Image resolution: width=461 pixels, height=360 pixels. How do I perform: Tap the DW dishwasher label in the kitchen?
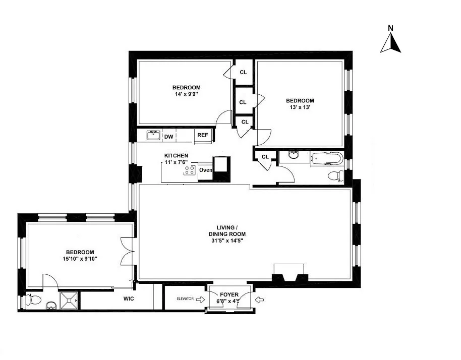pos(168,136)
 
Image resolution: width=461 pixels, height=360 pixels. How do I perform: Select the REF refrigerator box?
pos(202,135)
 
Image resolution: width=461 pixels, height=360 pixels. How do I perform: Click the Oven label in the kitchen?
pos(205,170)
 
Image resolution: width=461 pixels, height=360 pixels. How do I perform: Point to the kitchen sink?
pos(153,135)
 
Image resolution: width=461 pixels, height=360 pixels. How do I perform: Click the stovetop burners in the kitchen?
pos(190,170)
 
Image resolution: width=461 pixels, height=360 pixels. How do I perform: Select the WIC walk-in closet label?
pos(129,298)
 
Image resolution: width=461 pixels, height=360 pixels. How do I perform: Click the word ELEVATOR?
pos(185,299)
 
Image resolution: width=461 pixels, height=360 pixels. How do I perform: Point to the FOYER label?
pos(229,294)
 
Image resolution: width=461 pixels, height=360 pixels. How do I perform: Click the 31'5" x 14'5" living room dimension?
pos(227,241)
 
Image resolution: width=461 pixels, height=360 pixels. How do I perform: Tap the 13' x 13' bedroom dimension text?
pos(300,107)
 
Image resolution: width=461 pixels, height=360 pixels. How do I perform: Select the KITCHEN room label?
pos(176,155)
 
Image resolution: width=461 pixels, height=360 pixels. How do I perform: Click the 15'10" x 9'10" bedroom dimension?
pos(80,259)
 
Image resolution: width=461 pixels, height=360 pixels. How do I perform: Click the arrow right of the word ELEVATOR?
pos(200,299)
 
